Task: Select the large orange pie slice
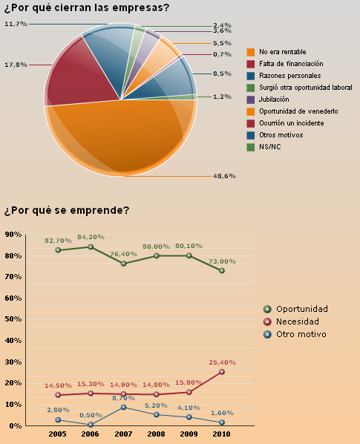coord(119,137)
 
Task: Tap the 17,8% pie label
coord(16,65)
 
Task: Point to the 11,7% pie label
coord(16,24)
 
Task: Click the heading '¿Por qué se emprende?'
coord(66,210)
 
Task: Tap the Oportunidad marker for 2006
coord(91,247)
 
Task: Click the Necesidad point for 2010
coord(222,372)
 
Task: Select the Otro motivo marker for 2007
coord(123,407)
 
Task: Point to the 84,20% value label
coord(91,237)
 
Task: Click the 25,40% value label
coord(222,362)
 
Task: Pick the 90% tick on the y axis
coord(13,235)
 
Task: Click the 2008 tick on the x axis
coord(156,433)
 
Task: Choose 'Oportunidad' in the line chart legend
coord(301,309)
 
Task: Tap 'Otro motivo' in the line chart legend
coord(301,334)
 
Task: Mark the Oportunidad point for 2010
coord(222,270)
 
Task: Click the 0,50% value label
coord(91,415)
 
